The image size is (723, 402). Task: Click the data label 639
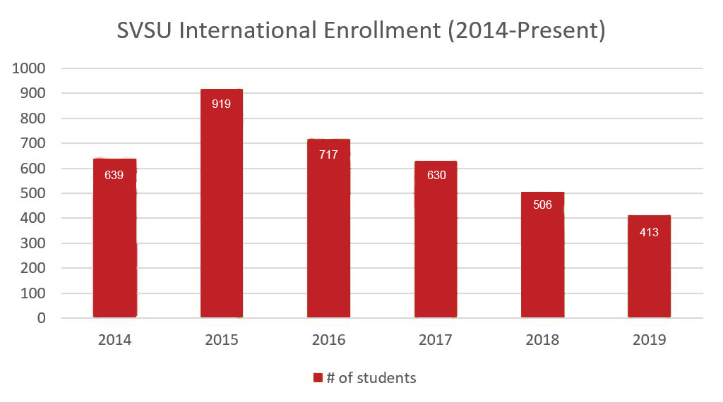click(x=114, y=175)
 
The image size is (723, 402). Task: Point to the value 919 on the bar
click(x=222, y=104)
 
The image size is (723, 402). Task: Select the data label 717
click(x=328, y=154)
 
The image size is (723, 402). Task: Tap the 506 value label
click(x=542, y=205)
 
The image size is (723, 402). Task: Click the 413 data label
click(x=649, y=231)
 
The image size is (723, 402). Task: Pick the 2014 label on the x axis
click(x=114, y=340)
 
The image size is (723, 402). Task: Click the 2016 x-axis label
click(x=328, y=340)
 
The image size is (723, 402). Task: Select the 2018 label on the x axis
click(x=542, y=340)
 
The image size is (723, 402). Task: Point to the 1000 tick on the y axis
click(x=29, y=68)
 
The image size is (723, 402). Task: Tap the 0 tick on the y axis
click(x=41, y=318)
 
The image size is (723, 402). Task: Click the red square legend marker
click(x=318, y=378)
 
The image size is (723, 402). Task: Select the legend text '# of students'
click(x=371, y=378)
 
